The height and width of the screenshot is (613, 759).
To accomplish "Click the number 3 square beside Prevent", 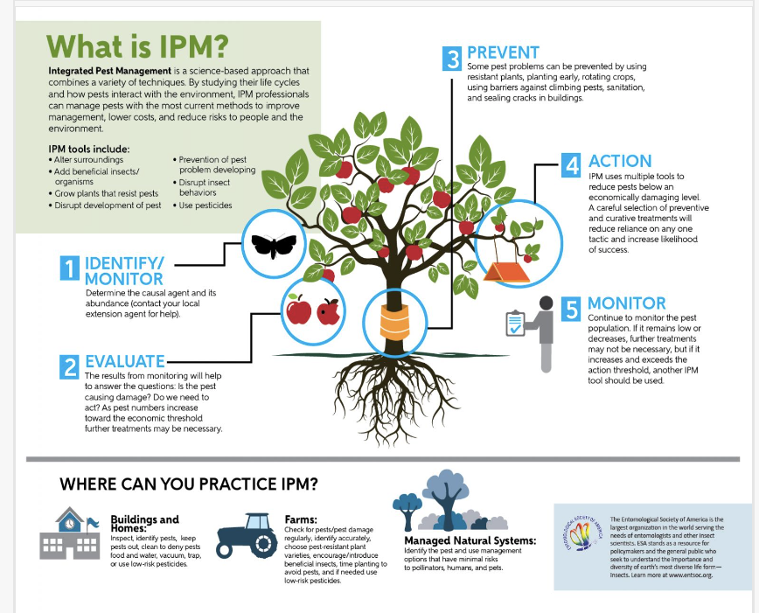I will [452, 59].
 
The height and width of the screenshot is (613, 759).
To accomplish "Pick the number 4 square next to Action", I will [571, 165].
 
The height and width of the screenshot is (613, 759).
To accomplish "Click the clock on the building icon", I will [68, 523].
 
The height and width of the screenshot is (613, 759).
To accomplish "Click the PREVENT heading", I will [503, 53].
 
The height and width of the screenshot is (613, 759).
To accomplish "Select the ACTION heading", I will [620, 161].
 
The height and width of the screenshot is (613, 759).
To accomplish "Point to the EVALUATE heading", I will [125, 361].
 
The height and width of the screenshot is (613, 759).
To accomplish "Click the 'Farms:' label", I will [302, 519].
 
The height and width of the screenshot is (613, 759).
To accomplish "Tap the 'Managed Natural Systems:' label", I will [470, 540].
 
